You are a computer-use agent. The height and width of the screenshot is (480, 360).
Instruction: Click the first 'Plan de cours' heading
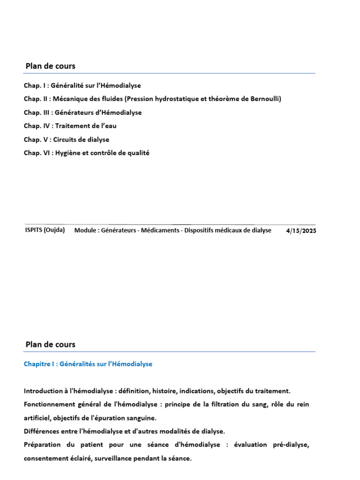[x=50, y=66]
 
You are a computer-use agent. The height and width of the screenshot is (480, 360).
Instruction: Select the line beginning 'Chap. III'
[x=83, y=112]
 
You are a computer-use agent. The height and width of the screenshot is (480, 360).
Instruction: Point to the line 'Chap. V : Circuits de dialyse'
[x=67, y=140]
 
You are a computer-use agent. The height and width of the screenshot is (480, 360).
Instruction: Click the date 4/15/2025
[x=301, y=231]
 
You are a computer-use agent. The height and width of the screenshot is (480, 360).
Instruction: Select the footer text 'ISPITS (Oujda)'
[x=45, y=230]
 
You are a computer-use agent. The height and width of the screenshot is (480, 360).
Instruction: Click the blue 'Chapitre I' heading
[x=88, y=364]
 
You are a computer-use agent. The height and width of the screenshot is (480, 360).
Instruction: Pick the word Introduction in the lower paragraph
[x=43, y=391]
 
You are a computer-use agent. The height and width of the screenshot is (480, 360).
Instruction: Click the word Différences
[x=42, y=431]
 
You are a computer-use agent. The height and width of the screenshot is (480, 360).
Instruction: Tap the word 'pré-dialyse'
[x=290, y=444]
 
